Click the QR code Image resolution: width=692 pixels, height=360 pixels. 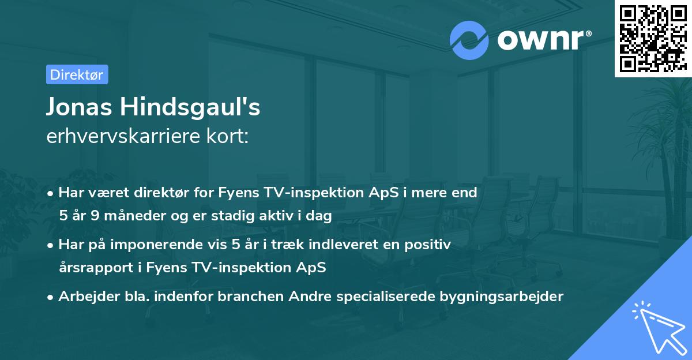pyautogui.click(x=653, y=38)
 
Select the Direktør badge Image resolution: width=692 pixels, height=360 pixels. pyautogui.click(x=77, y=74)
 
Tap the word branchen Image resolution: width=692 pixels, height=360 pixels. pyautogui.click(x=250, y=297)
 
